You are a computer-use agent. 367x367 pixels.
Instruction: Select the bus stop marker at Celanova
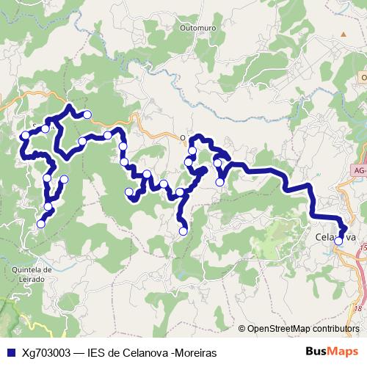(338, 240)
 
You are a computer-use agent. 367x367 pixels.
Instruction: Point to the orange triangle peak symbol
(343, 34)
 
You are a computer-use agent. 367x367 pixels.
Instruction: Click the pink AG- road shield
(357, 170)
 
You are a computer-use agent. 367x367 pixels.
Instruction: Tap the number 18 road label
(357, 309)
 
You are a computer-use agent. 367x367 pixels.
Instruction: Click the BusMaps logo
(330, 352)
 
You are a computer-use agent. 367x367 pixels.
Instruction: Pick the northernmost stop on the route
(87, 114)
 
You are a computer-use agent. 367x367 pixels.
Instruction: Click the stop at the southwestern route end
(41, 224)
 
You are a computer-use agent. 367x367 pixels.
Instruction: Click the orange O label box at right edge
(363, 76)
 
